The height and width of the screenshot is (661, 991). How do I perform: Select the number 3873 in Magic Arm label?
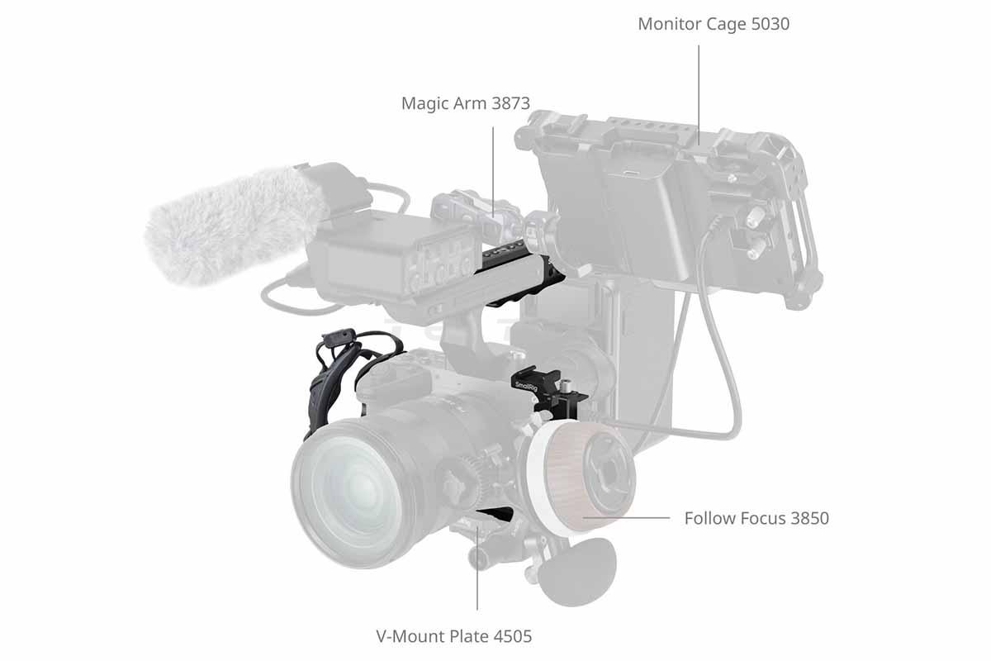coord(510,103)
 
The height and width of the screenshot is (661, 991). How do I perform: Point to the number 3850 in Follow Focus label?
coord(809,518)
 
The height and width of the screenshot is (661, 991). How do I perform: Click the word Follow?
coord(710,518)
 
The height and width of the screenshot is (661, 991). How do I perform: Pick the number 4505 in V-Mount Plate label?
coord(512,636)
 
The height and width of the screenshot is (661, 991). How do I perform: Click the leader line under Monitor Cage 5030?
coord(699,95)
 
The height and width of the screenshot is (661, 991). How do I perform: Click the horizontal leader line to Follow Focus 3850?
coord(627,517)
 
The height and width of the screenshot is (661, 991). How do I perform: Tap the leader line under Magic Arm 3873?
coord(493,172)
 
